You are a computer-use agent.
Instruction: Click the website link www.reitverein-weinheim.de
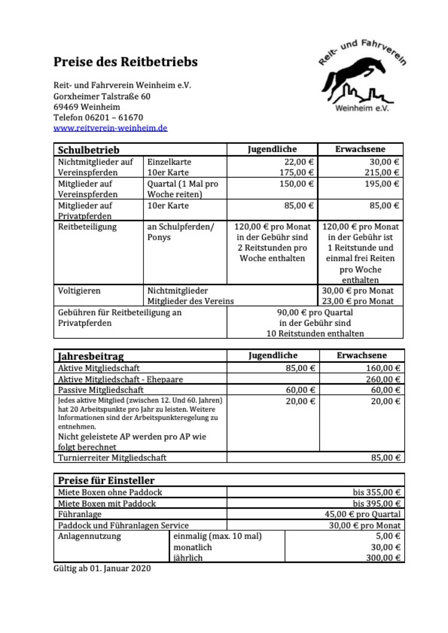(110, 128)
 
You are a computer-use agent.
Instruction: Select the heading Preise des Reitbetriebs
(126, 62)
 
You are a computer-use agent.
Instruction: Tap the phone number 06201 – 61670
(114, 118)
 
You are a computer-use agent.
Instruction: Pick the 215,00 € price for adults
(381, 173)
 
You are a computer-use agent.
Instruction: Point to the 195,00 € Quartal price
(381, 184)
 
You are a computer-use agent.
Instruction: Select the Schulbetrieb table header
(89, 150)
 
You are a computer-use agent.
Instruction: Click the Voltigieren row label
(79, 291)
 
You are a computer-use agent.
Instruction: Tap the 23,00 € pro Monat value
(358, 301)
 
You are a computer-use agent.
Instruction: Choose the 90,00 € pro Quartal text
(315, 312)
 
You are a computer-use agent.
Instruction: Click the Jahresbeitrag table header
(91, 356)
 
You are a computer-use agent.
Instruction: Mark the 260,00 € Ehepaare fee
(383, 379)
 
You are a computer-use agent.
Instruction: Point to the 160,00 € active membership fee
(383, 368)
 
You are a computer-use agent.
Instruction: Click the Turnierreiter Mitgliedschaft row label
(112, 458)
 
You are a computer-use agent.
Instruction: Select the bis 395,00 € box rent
(376, 503)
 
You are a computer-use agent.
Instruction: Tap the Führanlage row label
(80, 514)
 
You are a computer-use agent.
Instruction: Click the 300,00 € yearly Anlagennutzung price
(383, 558)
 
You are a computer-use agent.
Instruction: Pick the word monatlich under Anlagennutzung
(193, 547)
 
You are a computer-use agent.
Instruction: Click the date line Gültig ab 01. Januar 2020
(102, 568)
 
